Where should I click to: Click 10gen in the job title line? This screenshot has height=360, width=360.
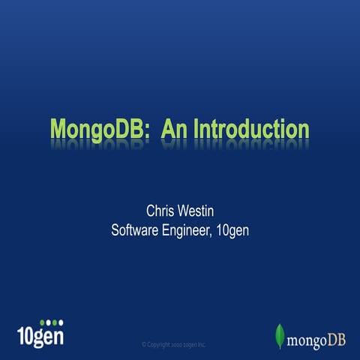coord(232,230)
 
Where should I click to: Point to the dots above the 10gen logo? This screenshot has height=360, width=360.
coord(51,322)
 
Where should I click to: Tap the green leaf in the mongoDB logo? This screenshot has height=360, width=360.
coord(280,337)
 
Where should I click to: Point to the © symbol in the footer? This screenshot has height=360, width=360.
coord(143,344)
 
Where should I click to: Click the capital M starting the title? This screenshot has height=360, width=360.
coord(58,128)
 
